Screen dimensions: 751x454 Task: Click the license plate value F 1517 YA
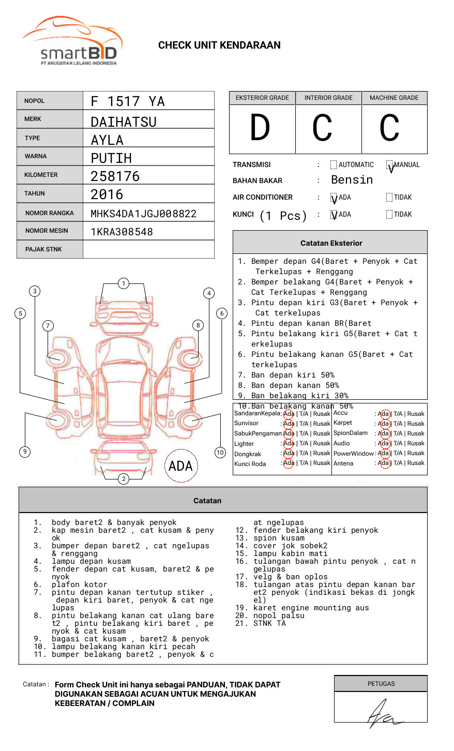pyautogui.click(x=128, y=101)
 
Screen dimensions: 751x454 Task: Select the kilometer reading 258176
pyautogui.click(x=115, y=176)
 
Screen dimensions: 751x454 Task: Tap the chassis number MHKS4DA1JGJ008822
pyautogui.click(x=143, y=214)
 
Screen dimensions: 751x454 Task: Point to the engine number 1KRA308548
pyautogui.click(x=122, y=232)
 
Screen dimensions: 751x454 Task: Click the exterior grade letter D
pyautogui.click(x=260, y=128)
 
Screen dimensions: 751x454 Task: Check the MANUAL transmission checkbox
pyautogui.click(x=389, y=165)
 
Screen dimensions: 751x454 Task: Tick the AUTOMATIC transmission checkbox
pyautogui.click(x=333, y=165)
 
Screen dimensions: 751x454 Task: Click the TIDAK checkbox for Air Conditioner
pyautogui.click(x=389, y=198)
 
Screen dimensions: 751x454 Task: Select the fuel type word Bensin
pyautogui.click(x=352, y=180)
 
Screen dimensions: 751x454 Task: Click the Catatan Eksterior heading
pyautogui.click(x=331, y=243)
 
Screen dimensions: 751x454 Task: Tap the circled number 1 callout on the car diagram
pyautogui.click(x=123, y=283)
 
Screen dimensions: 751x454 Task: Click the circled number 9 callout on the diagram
pyautogui.click(x=25, y=452)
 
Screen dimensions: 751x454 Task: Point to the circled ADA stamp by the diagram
pyautogui.click(x=180, y=466)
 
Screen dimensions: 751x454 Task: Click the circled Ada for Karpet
pyautogui.click(x=384, y=424)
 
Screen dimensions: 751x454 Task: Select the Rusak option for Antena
pyautogui.click(x=416, y=463)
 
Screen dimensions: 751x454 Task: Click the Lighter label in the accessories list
pyautogui.click(x=244, y=444)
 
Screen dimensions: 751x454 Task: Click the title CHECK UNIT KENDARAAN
pyautogui.click(x=219, y=46)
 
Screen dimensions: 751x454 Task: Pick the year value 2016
pyautogui.click(x=107, y=195)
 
